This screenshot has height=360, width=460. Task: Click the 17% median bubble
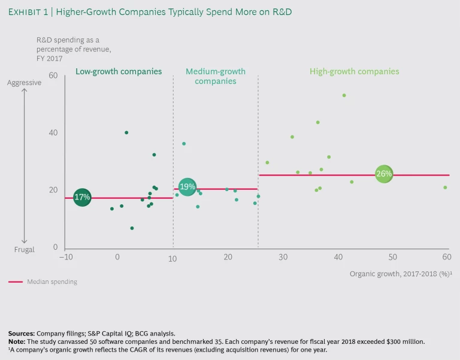(x=82, y=197)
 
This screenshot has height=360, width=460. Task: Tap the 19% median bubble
(x=187, y=187)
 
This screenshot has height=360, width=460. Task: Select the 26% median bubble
(x=384, y=174)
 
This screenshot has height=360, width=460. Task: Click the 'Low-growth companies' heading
(x=119, y=71)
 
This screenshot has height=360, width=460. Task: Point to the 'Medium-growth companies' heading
(x=216, y=76)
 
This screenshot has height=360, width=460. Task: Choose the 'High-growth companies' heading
(x=354, y=71)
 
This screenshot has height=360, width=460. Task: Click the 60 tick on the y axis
(x=53, y=75)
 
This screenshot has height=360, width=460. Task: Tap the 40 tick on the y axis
(x=53, y=133)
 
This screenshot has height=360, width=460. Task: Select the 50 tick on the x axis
(x=392, y=257)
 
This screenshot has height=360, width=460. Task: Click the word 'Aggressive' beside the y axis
(x=24, y=83)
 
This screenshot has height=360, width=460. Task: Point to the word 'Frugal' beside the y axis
(x=25, y=249)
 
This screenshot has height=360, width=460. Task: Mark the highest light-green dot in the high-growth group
(x=344, y=95)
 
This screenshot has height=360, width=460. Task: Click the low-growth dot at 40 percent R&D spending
(x=126, y=132)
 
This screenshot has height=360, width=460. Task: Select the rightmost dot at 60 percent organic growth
(x=445, y=187)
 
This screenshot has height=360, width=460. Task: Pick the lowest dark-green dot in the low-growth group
(x=132, y=228)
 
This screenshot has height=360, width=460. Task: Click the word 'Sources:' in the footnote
(x=22, y=332)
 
